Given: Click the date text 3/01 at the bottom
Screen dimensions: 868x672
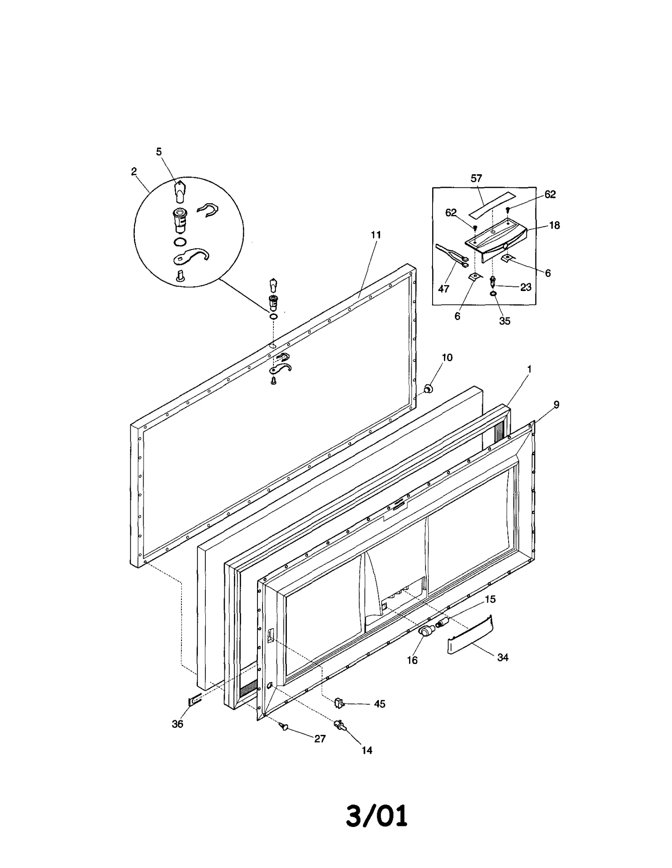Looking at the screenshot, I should pos(376,816).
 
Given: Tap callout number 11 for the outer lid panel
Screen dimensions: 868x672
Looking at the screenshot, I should pos(376,235).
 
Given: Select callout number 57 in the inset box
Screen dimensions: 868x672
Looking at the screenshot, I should pos(476,178).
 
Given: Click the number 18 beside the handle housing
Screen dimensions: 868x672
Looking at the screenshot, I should pos(554,226).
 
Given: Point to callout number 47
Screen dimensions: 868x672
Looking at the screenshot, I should pos(444,289).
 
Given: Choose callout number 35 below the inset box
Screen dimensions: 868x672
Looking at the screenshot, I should pos(504,321).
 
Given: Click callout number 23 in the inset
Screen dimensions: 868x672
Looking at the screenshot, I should pos(526,287).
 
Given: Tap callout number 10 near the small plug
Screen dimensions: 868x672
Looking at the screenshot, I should pos(447,357).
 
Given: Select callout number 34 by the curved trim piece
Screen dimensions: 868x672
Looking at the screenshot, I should pos(503,658).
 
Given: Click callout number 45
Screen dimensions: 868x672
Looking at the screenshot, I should pos(380,704).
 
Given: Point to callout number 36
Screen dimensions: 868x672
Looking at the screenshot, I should pos(177,724).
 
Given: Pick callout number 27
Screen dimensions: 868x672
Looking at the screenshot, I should pos(320,739).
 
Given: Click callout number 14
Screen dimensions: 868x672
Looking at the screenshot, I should pos(367,750).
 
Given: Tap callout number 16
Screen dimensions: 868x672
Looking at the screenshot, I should pos(412,661).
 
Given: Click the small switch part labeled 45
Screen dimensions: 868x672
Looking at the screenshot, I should pos(339,702).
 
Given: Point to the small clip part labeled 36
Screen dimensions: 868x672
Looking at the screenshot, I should pos(194,701).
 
